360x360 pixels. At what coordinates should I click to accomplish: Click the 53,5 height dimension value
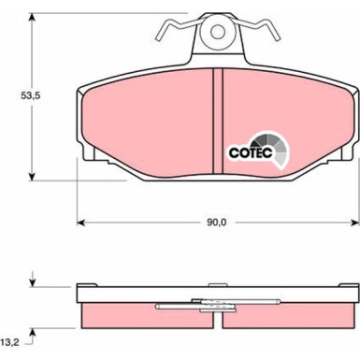18,95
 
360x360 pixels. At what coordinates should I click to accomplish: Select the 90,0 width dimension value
216,223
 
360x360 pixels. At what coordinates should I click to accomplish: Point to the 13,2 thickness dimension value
10,343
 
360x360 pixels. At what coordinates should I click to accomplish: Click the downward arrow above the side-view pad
33,281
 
